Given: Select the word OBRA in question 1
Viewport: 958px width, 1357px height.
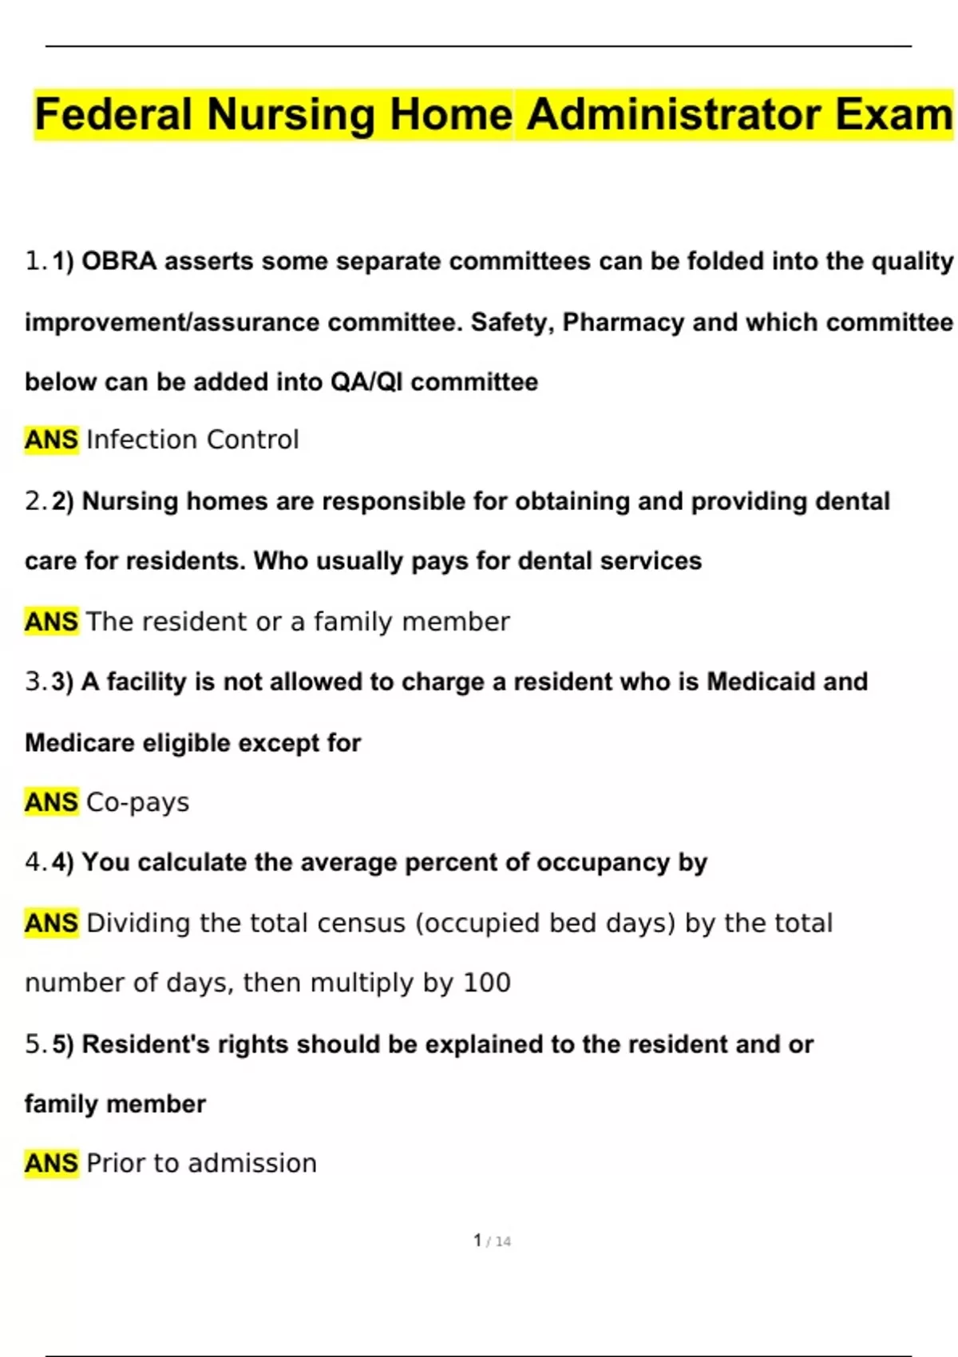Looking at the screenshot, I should point(119,261).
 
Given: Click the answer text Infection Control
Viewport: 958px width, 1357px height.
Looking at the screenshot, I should point(192,440).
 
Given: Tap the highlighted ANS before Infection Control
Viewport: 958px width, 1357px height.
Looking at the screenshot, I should point(51,440).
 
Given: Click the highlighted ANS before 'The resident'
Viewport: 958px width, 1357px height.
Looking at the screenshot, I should point(51,621).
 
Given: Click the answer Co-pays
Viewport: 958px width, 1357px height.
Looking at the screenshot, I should point(137,802).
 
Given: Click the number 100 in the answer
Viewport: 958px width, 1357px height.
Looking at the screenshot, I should point(487,983).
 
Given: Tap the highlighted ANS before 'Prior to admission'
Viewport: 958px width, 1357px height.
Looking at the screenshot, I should point(51,1163).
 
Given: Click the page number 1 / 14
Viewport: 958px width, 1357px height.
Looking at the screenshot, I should point(492,1241).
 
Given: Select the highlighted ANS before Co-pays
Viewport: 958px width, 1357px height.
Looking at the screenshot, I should point(51,802).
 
